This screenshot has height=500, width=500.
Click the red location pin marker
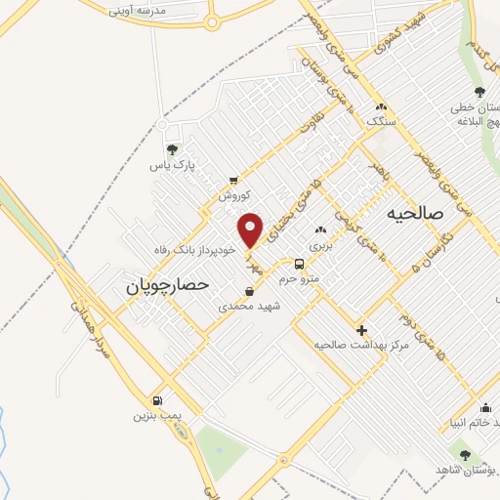coord(251,229)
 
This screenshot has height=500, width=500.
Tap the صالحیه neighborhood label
coord(414,212)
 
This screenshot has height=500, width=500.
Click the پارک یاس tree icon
coord(173,149)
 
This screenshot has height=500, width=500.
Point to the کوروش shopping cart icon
coord(233,181)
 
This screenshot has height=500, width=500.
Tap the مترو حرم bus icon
coord(300,264)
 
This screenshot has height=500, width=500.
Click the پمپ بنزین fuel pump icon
coord(157,400)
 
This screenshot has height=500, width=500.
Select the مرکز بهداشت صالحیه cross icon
coord(361,331)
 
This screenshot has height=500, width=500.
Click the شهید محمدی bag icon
coord(251,291)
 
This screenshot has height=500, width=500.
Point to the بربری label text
coord(322,245)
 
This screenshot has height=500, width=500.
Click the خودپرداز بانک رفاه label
coord(195,250)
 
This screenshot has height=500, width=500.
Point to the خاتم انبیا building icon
coord(485,408)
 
